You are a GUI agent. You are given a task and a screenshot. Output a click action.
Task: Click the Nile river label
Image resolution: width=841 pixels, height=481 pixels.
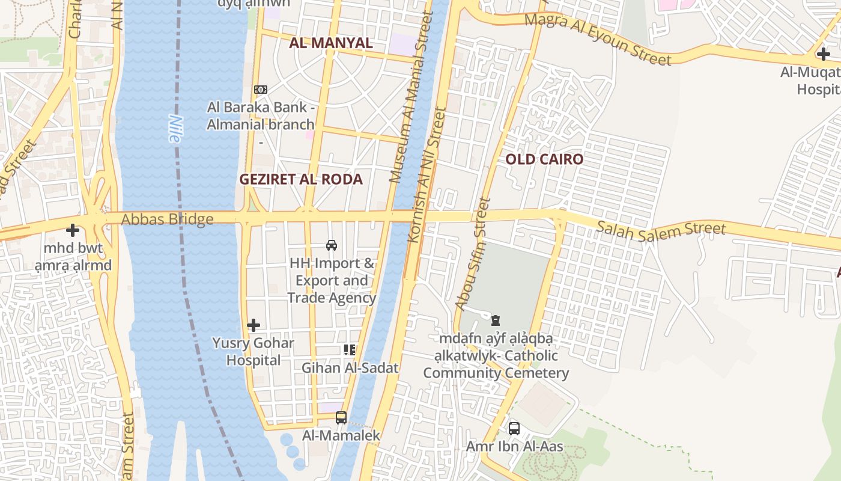174,128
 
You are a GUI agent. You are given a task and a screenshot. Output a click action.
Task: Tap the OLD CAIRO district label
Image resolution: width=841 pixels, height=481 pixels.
544,159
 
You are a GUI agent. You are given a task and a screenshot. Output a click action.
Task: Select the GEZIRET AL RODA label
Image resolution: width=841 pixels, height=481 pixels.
301,179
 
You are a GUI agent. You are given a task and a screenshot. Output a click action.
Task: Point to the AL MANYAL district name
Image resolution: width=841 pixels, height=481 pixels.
331,43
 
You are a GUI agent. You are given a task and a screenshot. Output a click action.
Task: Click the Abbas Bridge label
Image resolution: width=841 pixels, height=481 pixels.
167,219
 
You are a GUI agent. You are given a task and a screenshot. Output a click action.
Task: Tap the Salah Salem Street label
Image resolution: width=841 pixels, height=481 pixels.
661,228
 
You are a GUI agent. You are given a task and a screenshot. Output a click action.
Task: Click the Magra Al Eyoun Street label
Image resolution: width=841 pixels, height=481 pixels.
598,39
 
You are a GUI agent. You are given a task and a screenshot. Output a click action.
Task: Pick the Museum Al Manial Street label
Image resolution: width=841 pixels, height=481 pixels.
411,97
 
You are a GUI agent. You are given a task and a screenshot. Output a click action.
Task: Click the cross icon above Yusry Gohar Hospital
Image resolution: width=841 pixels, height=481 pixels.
254,325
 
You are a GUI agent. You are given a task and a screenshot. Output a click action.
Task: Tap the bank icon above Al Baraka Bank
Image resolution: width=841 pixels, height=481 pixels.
261,89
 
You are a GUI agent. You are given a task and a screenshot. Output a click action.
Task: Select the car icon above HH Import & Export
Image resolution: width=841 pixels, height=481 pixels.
331,245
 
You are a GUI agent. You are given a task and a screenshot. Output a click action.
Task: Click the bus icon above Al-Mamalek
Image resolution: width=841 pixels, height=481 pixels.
341,417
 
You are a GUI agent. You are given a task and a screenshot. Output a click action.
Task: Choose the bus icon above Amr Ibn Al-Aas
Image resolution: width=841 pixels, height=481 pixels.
514,428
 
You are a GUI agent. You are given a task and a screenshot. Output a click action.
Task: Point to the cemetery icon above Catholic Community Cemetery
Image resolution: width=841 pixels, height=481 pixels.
496,320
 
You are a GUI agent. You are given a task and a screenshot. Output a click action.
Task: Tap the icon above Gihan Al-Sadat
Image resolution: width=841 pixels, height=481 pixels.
350,350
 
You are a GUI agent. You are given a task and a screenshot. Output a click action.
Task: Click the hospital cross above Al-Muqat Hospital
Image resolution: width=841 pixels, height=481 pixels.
823,54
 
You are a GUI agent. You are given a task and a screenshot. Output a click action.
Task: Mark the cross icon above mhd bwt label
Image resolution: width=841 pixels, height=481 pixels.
73,230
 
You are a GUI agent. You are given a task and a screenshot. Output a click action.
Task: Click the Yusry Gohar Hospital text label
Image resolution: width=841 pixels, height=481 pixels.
253,352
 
